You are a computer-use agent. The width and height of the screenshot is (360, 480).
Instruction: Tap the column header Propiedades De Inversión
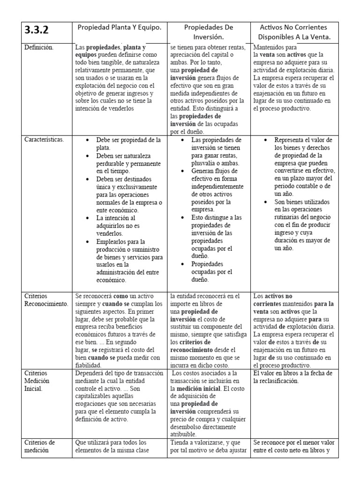click(209, 31)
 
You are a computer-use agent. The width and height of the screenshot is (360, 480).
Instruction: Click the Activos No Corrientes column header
click(293, 31)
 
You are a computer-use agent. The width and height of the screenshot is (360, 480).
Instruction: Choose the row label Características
click(45, 140)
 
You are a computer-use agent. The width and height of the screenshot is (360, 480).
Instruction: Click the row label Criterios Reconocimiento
click(47, 300)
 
